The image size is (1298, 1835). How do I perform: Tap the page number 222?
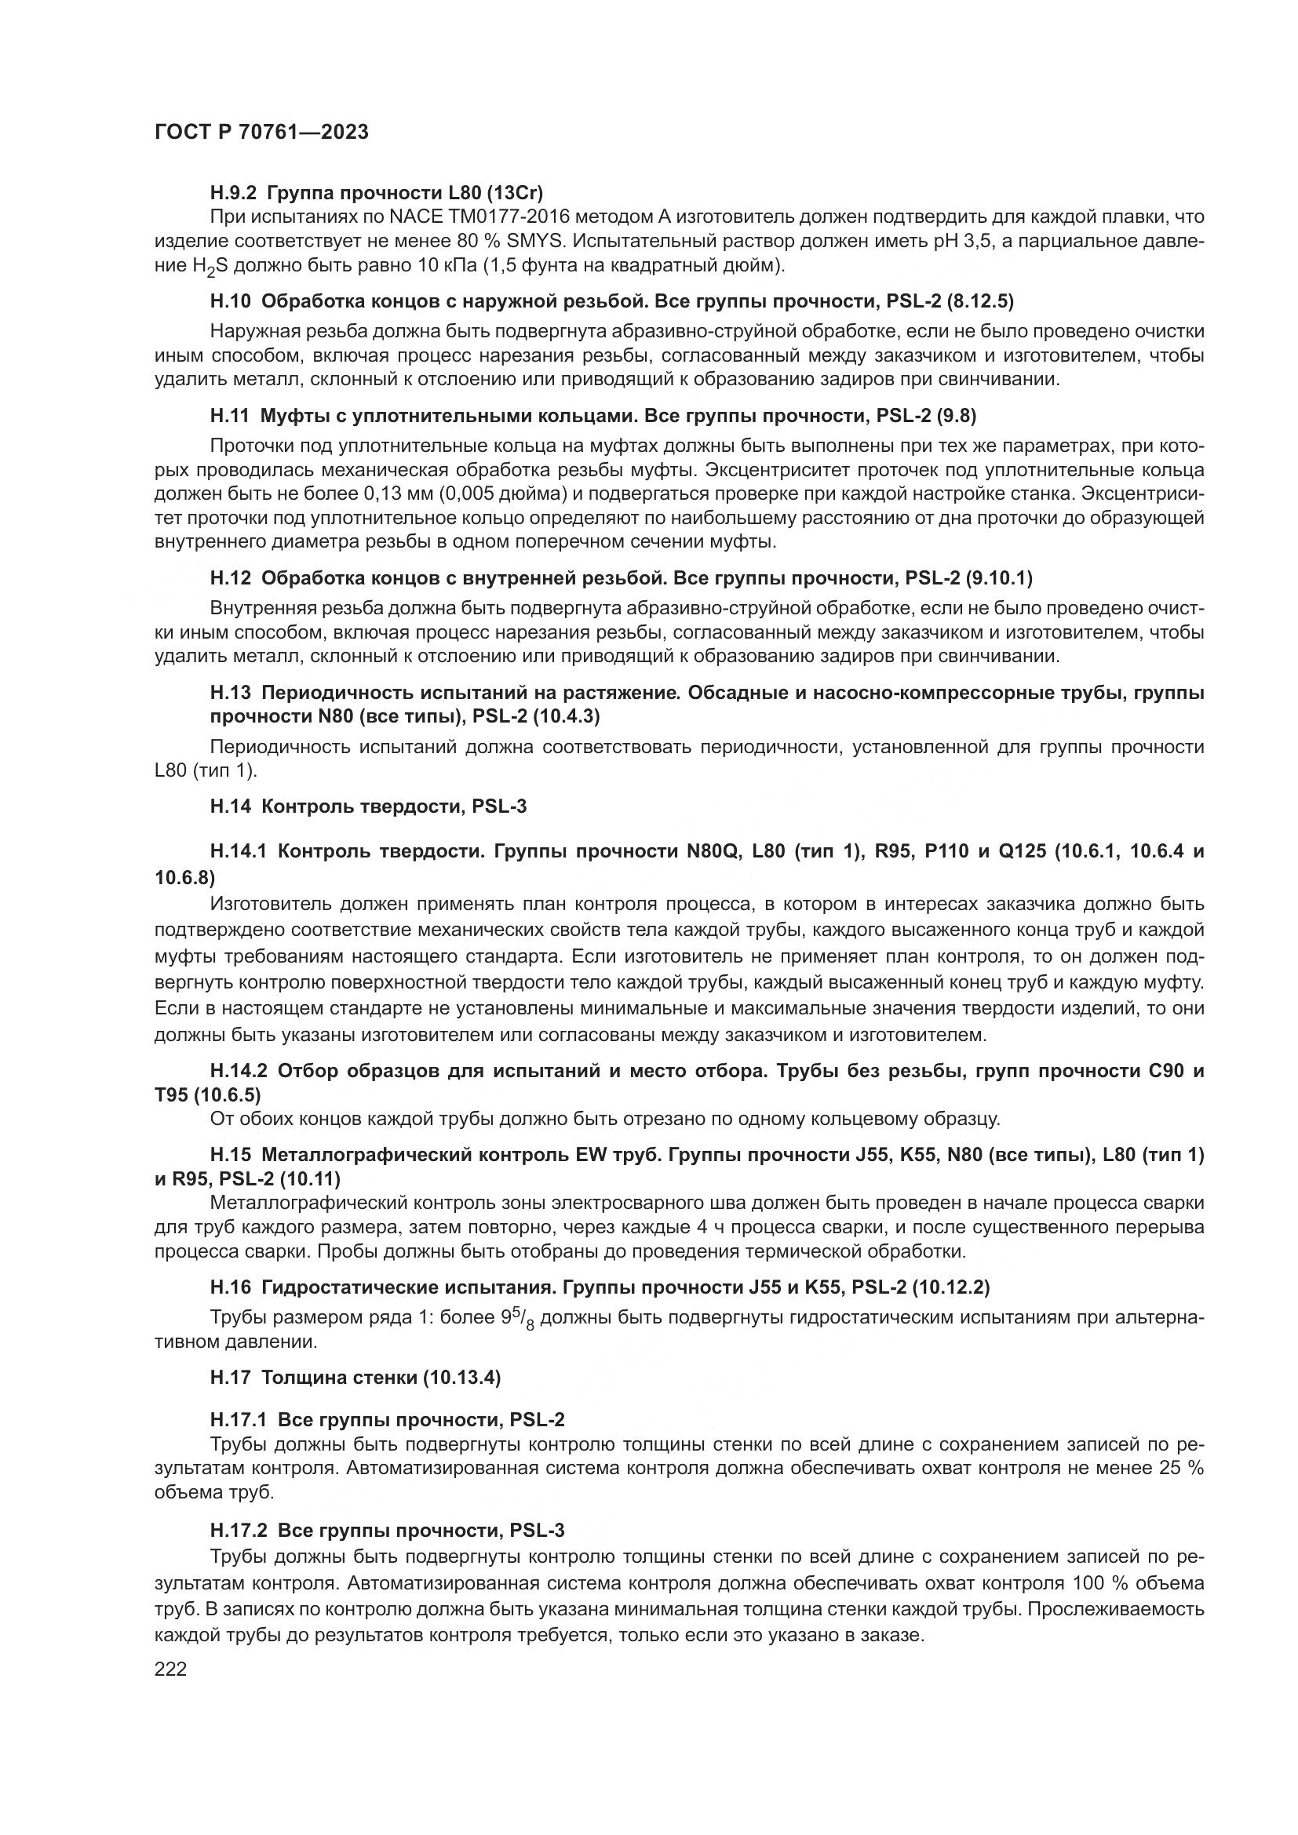click(x=170, y=1669)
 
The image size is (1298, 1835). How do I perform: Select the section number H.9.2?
click(x=233, y=193)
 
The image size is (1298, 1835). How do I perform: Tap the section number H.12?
click(x=231, y=577)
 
